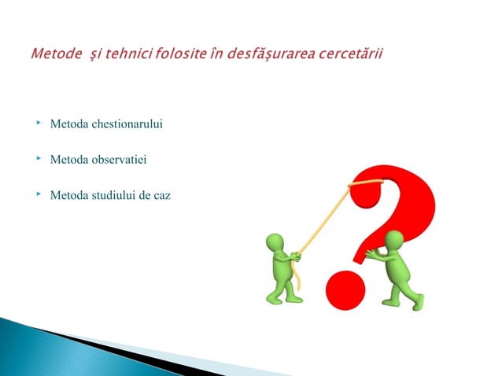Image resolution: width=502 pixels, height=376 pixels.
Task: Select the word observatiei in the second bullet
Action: pos(119,160)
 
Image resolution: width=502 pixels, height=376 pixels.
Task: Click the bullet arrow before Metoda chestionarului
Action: pos(37,123)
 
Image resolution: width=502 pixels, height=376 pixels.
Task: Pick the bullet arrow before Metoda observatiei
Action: pos(37,159)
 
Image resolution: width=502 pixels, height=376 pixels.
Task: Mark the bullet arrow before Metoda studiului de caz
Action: pos(37,194)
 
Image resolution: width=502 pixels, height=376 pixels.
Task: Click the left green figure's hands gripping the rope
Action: pos(293,256)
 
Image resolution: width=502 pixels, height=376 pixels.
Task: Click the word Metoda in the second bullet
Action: pos(68,160)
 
